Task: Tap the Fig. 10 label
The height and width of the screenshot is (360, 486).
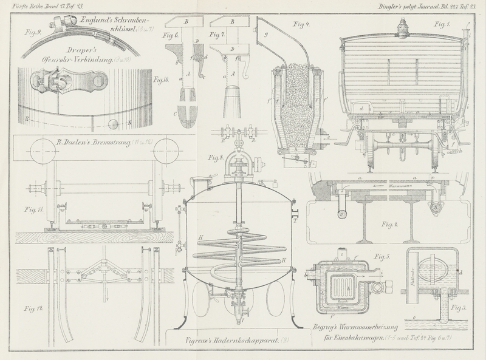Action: click(x=161, y=80)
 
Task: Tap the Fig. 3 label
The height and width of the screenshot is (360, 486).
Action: click(x=460, y=309)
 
